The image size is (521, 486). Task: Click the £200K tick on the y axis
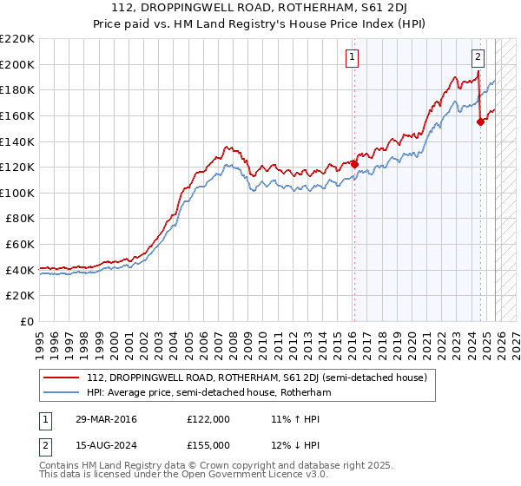[17, 64]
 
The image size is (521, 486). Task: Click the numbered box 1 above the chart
[353, 58]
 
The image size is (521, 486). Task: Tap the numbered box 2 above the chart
[478, 58]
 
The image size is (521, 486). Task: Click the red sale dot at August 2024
[481, 122]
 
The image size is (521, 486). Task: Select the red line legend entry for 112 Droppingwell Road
[256, 378]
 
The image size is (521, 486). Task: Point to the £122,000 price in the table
[208, 419]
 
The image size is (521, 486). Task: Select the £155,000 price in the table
[208, 444]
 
